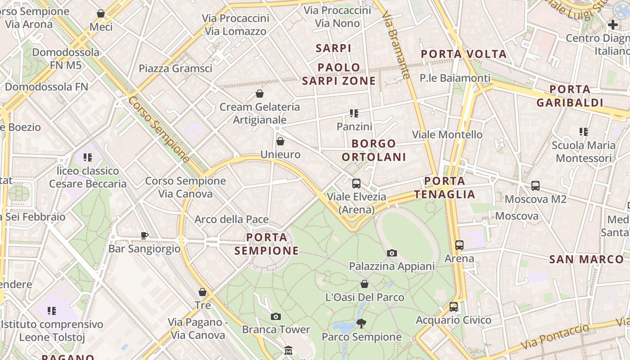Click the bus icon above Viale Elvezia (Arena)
356,183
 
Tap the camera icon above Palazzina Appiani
392,253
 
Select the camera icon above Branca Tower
276,316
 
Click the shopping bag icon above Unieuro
280,141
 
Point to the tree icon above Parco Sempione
361,323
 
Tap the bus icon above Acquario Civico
454,307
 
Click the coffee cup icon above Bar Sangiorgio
144,235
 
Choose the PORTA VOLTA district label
463,54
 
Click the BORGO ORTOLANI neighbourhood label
374,150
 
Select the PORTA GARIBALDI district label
570,96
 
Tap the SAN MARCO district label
586,259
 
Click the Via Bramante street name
396,45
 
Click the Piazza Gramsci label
175,68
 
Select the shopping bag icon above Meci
101,13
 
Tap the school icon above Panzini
354,113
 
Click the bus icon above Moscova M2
535,185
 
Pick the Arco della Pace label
231,220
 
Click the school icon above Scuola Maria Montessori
584,132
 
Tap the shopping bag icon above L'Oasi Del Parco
364,284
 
